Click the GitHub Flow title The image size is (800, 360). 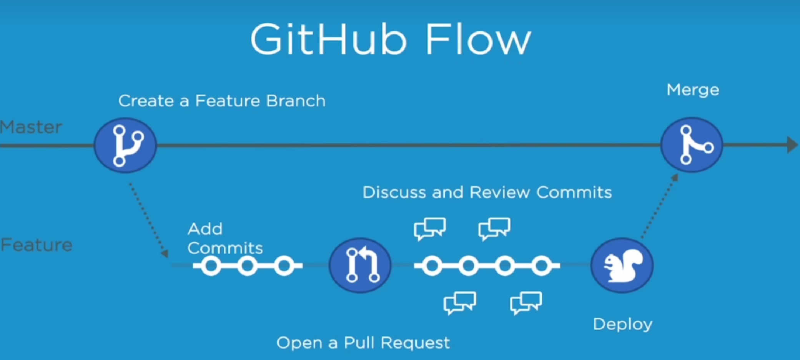pos(390,40)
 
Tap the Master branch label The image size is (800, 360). pos(31,127)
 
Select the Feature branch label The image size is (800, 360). pos(37,245)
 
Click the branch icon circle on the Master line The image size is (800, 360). pos(125,145)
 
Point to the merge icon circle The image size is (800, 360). pos(692,145)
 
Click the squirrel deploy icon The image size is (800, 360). pos(622,265)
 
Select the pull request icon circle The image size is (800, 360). pos(360,265)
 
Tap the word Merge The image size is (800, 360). pos(693,90)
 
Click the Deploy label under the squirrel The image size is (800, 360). pos(622,324)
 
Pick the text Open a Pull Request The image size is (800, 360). pos(363,342)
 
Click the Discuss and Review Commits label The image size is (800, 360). pos(487,192)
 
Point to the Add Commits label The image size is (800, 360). pos(225,239)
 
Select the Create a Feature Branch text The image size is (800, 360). pos(222,101)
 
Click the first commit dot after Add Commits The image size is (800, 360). pos(211,265)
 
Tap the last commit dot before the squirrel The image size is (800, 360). pos(541,265)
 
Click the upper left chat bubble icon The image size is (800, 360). pos(429,228)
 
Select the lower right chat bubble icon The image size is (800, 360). pos(526,302)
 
